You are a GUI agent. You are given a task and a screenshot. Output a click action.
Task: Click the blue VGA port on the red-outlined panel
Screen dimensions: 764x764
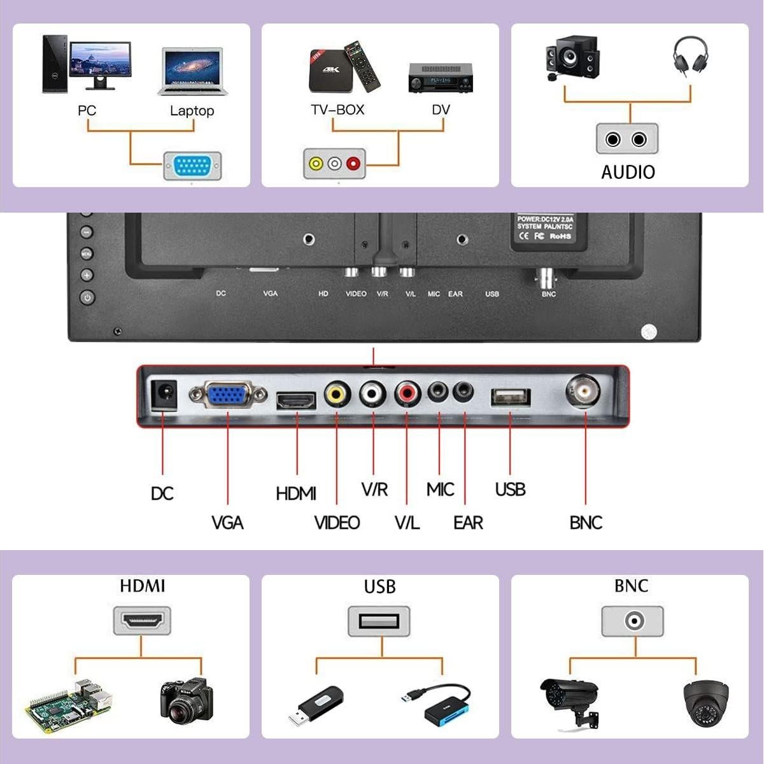click(228, 396)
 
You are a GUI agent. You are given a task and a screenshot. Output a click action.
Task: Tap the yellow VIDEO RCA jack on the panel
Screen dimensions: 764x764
click(337, 394)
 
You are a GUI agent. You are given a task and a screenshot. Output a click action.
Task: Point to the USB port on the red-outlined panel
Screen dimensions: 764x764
click(510, 397)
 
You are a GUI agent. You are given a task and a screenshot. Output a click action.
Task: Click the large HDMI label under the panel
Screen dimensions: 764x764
click(296, 493)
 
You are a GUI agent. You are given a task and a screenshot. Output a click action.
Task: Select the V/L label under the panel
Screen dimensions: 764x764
click(407, 523)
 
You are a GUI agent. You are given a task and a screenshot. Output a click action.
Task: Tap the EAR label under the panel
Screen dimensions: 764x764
click(468, 523)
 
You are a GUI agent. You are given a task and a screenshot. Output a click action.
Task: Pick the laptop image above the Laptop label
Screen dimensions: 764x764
click(190, 72)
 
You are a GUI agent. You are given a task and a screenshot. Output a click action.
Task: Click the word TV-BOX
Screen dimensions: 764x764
click(337, 110)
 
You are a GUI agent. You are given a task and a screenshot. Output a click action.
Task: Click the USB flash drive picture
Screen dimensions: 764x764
click(320, 705)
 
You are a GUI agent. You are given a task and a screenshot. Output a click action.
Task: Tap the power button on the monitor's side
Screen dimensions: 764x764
click(87, 297)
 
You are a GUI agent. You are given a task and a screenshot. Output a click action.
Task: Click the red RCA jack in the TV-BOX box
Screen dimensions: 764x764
click(353, 164)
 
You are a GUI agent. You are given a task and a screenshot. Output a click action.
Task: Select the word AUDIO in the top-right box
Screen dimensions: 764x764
click(628, 172)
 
